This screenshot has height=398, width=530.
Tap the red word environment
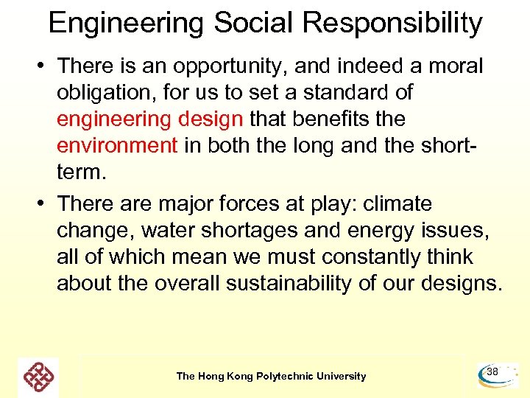click(x=117, y=145)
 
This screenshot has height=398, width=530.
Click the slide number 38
click(x=492, y=373)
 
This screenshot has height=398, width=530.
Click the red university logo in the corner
click(x=38, y=377)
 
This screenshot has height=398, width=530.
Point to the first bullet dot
click(x=46, y=67)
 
